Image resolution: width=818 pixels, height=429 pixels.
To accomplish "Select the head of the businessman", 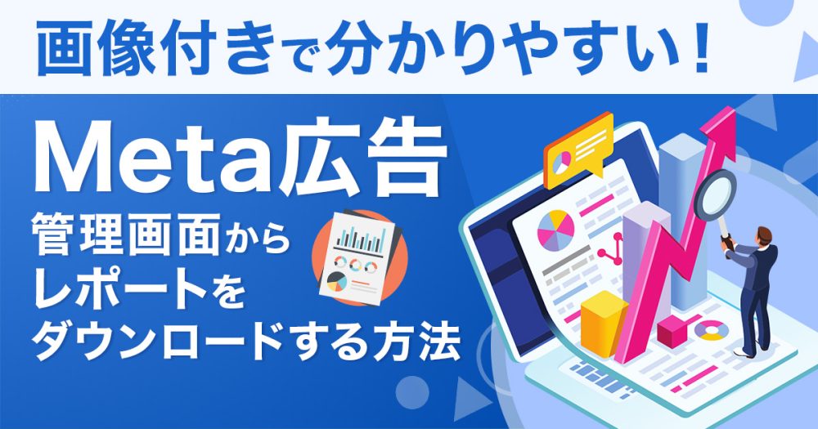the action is click(763, 235).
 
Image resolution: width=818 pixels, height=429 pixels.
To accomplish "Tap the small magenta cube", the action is click(672, 332).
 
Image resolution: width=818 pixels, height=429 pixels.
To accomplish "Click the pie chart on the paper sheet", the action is click(555, 230).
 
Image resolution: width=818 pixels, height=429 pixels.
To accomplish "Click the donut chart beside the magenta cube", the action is click(712, 330).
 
